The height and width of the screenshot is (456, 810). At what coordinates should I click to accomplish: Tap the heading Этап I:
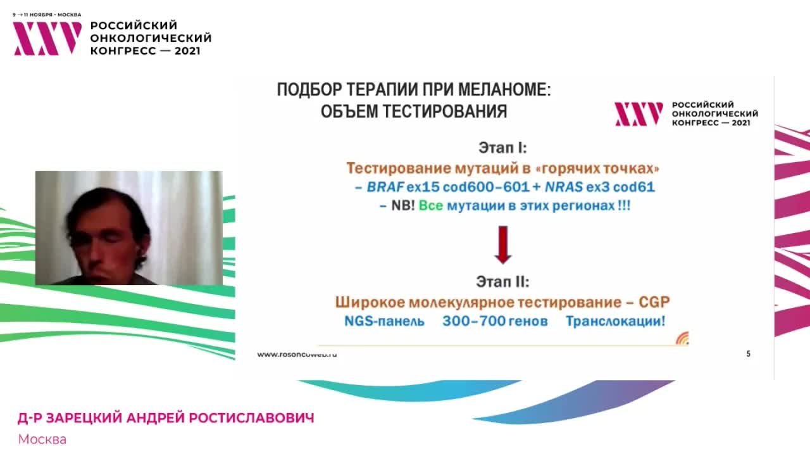tap(502, 148)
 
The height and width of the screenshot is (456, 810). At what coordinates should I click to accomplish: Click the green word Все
tap(431, 206)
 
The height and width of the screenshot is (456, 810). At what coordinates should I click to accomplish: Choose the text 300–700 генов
tap(495, 321)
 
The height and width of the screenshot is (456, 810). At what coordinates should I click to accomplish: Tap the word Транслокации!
tap(615, 321)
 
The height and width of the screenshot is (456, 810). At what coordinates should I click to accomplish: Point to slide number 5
tap(749, 354)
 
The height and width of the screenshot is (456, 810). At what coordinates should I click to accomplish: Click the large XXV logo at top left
tap(47, 38)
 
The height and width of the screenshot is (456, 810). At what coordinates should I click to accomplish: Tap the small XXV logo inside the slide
tap(639, 114)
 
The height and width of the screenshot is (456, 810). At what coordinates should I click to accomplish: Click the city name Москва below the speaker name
tap(42, 439)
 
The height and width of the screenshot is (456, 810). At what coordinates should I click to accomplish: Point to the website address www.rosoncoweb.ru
tap(297, 355)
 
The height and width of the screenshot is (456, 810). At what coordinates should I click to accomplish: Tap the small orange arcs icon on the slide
tap(682, 338)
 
